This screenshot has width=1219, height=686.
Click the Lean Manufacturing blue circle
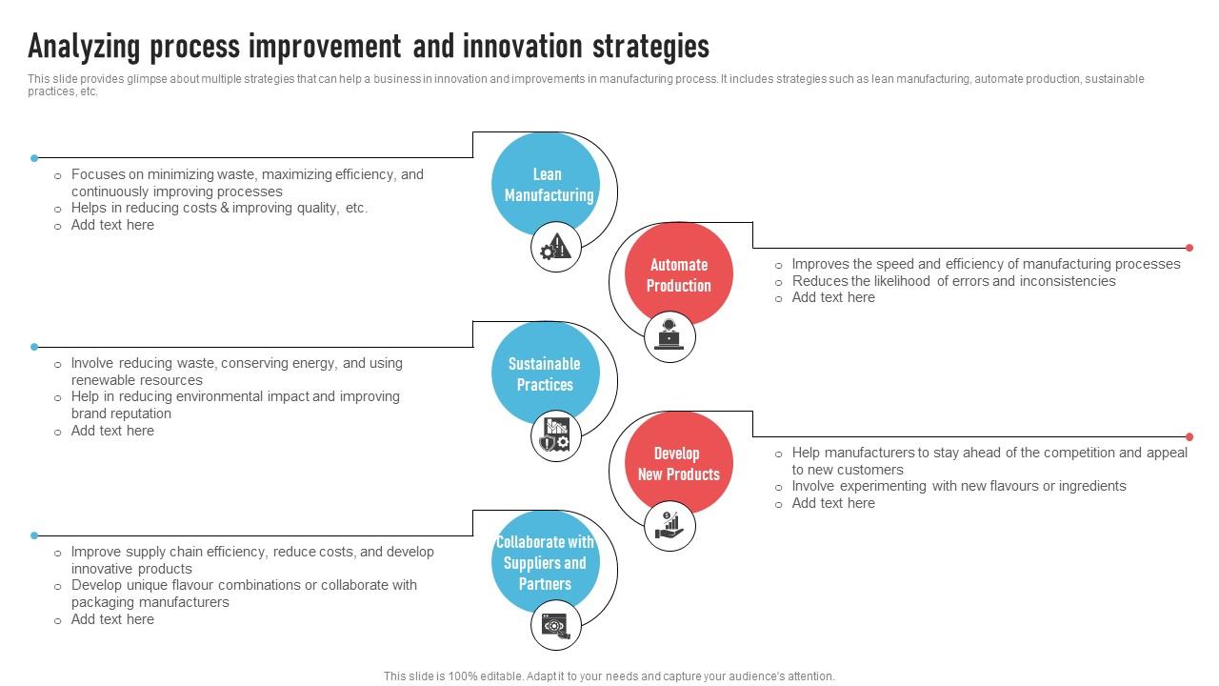pos(546,184)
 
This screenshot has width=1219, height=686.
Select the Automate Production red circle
pos(679,275)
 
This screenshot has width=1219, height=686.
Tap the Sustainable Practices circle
pos(546,373)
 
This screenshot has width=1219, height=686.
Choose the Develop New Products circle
pos(679,463)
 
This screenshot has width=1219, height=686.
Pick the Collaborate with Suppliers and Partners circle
pos(546,562)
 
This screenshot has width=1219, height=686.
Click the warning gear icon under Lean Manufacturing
pos(555,248)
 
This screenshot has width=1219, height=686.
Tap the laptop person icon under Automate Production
pos(669,335)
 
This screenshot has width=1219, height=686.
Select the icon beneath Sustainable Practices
pos(555,436)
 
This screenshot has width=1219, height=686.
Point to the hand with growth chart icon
pos(669,525)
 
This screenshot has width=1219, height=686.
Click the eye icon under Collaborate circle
pos(555,625)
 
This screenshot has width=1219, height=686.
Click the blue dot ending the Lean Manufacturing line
pos(34,158)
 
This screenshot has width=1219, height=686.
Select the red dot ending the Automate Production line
pos(1189,248)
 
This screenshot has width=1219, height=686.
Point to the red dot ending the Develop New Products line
pos(1189,436)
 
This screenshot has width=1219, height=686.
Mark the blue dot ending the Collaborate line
pos(34,535)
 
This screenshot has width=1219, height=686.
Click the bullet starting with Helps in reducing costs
pos(219,208)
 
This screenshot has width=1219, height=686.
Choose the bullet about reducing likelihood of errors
pos(953,281)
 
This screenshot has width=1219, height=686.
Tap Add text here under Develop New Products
pos(833,503)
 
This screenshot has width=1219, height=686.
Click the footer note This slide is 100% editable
pos(609,676)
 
